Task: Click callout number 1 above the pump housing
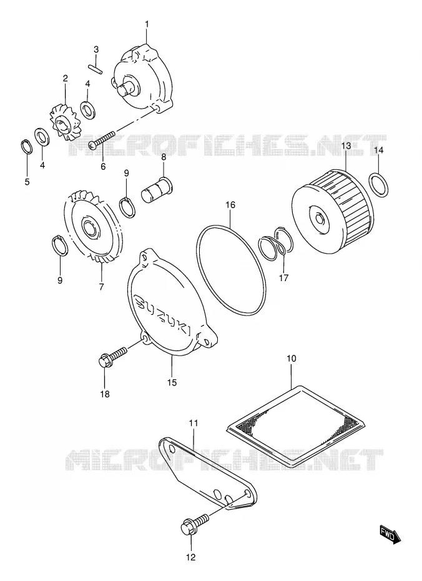[x=147, y=24]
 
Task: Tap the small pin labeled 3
[x=96, y=69]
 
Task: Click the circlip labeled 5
[x=26, y=146]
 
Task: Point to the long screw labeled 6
[x=102, y=141]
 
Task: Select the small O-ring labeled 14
[x=379, y=185]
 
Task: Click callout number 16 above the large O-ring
[x=230, y=204]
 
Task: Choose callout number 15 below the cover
[x=172, y=382]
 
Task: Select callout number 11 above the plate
[x=194, y=423]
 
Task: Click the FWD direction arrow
[x=390, y=535]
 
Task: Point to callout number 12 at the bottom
[x=190, y=557]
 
